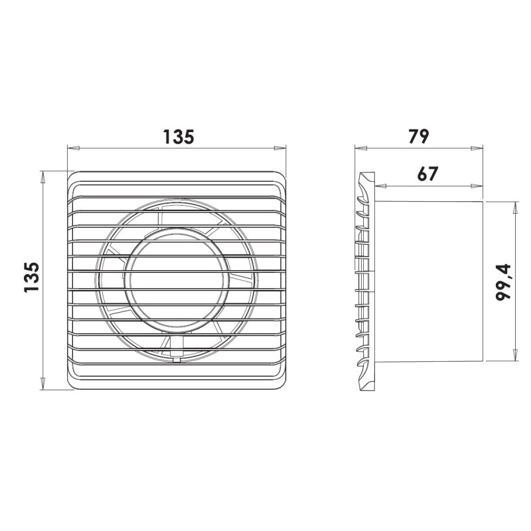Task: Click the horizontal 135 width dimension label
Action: [x=179, y=137]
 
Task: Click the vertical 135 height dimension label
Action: [x=32, y=277]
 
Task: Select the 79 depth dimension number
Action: [x=419, y=136]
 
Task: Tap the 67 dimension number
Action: [x=427, y=174]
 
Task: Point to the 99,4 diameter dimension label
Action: [x=503, y=282]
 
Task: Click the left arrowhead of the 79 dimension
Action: [x=360, y=148]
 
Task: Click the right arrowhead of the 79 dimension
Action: [x=477, y=148]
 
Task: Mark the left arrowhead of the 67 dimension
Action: [x=381, y=186]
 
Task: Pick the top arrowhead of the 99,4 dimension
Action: [x=516, y=208]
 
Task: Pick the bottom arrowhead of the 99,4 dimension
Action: [x=516, y=355]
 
